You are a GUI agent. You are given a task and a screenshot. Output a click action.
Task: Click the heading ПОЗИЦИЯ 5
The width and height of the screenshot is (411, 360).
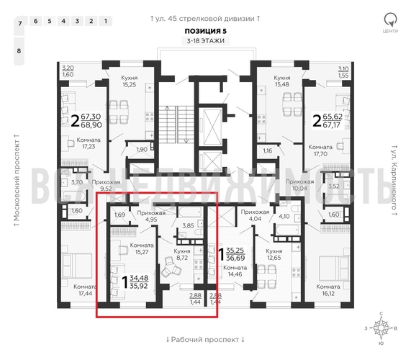(205, 31)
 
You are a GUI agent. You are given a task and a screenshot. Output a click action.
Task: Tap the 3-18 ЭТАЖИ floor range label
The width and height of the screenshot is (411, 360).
(205, 42)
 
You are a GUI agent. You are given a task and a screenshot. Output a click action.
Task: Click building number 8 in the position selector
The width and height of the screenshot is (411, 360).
(19, 51)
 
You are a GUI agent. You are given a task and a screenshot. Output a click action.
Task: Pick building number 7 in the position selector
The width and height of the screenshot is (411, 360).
(19, 24)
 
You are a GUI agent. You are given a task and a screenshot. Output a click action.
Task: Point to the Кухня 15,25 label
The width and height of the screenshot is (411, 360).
(129, 81)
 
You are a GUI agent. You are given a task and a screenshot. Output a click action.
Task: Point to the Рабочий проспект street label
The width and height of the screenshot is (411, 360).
(205, 338)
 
